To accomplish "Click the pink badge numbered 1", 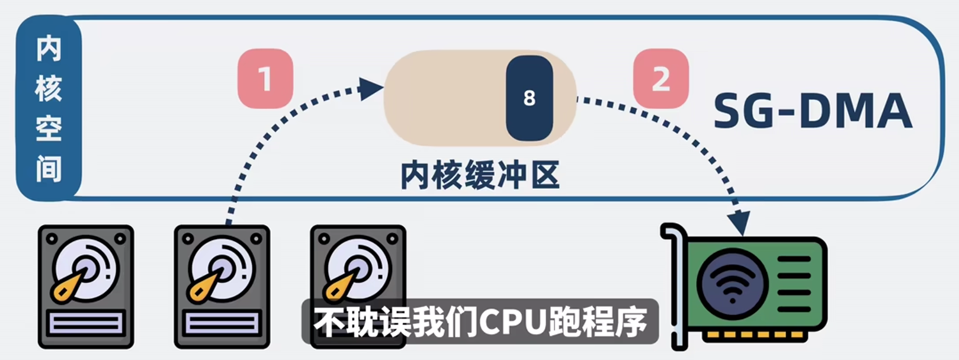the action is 265,78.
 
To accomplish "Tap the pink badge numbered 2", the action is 660,78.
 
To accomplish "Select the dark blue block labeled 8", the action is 529,98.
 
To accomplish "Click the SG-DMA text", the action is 812,111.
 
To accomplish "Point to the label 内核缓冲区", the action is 480,175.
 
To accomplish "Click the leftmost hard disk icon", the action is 86,286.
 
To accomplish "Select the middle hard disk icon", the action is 222,286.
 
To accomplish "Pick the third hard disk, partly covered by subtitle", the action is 358,266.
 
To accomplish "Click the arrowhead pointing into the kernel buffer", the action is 371,89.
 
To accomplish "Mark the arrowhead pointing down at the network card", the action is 739,224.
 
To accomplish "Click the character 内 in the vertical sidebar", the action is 49,49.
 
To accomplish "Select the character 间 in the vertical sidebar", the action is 49,169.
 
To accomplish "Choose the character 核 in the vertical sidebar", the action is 49,89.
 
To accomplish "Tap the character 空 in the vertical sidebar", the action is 49,128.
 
